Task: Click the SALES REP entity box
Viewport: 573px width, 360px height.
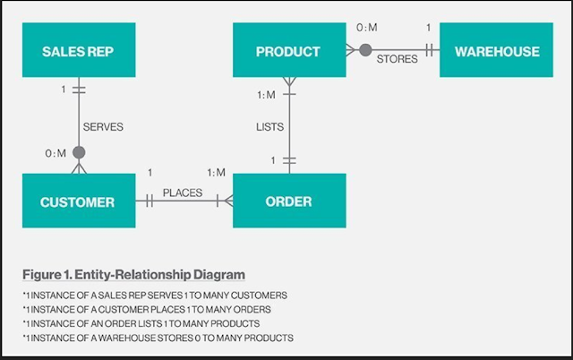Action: tap(79, 51)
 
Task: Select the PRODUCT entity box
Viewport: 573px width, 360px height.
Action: tap(287, 51)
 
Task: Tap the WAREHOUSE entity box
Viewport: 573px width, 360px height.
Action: tap(497, 51)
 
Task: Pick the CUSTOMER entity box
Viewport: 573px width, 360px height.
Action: tap(78, 201)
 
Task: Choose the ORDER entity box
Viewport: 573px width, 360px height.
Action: tap(288, 201)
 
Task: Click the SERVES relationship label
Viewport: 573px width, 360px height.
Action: tap(103, 127)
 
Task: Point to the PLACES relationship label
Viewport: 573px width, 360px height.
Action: tap(182, 193)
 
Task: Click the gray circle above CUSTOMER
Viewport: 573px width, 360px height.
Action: tap(79, 153)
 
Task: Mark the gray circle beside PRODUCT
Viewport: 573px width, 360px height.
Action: tap(365, 50)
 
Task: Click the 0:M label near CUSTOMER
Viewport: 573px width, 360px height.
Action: tap(56, 154)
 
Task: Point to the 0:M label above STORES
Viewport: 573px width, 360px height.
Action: tap(367, 28)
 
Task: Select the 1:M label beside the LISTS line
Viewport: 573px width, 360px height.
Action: tap(265, 95)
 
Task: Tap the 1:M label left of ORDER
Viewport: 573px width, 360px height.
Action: tap(216, 172)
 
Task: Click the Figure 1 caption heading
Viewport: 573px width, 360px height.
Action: tap(134, 273)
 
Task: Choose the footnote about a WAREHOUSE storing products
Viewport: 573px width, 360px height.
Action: tap(158, 338)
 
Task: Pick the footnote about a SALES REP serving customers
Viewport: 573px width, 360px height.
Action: tap(156, 295)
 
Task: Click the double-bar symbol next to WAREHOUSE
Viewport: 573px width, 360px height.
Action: tap(431, 50)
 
